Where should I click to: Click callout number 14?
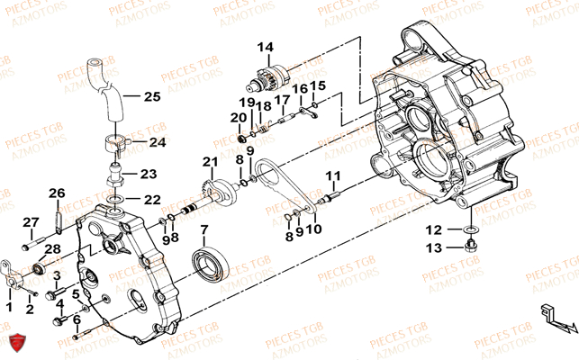265,47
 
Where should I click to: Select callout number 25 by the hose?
150,96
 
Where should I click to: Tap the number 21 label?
210,162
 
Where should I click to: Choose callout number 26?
57,193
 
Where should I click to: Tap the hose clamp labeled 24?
114,140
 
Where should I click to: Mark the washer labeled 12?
471,231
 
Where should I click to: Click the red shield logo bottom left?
15,342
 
